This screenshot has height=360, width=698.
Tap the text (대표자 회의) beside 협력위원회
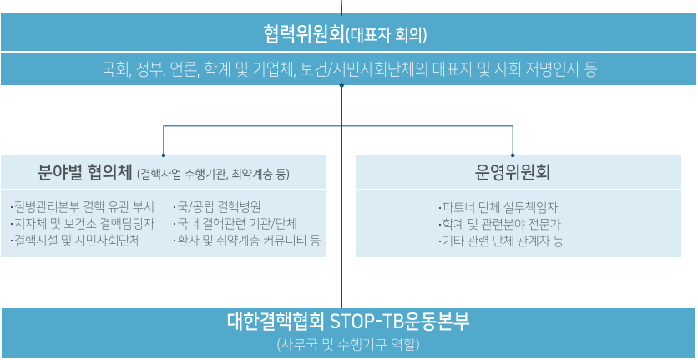click(386, 35)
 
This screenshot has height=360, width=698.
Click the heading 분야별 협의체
click(85, 172)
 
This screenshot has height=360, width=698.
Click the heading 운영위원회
click(513, 172)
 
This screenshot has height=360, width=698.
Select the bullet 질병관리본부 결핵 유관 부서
click(83, 207)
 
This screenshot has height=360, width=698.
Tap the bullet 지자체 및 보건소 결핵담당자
click(83, 224)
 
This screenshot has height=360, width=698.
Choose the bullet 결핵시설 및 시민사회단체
click(75, 241)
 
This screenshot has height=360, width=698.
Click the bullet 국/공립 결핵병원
click(217, 207)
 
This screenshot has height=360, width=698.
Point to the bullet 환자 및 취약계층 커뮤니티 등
click(246, 241)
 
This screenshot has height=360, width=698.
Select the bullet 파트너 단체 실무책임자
click(498, 207)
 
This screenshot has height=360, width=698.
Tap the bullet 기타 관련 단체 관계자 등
click(500, 241)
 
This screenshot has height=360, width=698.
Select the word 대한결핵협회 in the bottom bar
click(276, 322)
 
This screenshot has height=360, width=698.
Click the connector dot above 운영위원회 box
click(513, 155)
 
